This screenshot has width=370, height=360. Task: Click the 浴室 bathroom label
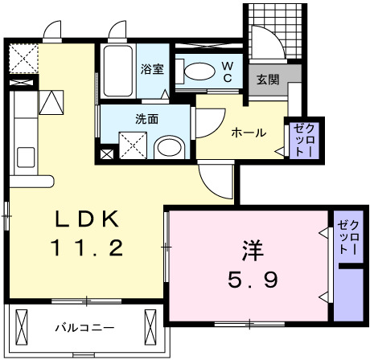[152, 69]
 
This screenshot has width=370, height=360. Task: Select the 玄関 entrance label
[268, 80]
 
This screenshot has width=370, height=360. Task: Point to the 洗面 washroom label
[146, 118]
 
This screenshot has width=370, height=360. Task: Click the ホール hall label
[248, 133]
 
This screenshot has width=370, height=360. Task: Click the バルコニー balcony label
[84, 328]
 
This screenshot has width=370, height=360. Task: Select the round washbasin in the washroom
[168, 148]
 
